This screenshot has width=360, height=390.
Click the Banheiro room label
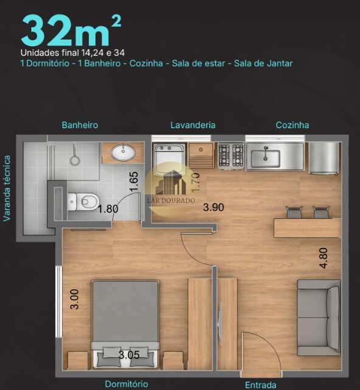click(x=80, y=125)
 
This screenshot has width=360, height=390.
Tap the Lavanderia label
click(x=193, y=125)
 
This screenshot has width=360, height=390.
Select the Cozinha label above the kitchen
click(x=292, y=125)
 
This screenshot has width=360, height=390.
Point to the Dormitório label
click(x=126, y=384)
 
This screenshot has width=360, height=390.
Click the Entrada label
click(x=261, y=385)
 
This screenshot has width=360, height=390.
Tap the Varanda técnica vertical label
click(x=7, y=188)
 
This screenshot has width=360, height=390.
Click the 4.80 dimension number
click(x=324, y=258)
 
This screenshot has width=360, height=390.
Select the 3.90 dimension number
click(x=213, y=207)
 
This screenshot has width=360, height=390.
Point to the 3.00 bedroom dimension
click(x=74, y=299)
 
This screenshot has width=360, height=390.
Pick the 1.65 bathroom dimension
click(x=134, y=182)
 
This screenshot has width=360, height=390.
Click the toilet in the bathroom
click(x=83, y=202)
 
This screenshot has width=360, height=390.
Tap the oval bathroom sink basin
click(x=123, y=152)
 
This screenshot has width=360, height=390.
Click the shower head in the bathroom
click(x=74, y=160)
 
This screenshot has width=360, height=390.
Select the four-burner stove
click(x=231, y=156)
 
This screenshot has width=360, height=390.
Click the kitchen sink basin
click(x=265, y=159)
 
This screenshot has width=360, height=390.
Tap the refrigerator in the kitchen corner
click(x=324, y=158)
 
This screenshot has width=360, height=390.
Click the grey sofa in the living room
click(x=319, y=318)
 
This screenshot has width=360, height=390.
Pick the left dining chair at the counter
click(x=294, y=212)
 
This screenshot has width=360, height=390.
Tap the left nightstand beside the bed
click(x=78, y=360)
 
